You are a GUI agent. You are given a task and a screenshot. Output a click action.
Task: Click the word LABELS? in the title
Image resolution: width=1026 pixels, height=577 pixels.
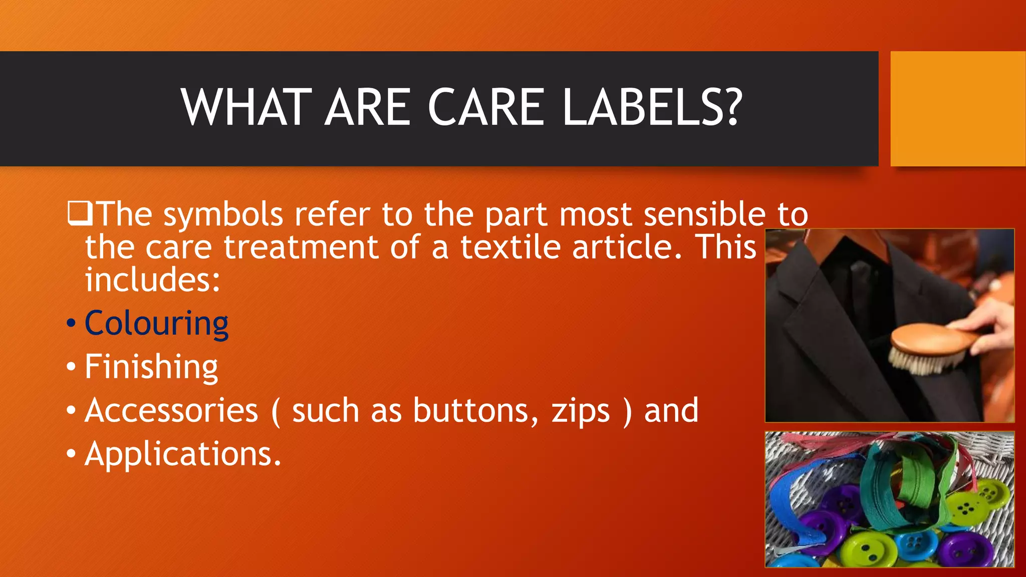(651, 107)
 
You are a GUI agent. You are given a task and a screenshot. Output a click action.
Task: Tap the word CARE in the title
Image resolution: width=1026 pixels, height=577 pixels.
(485, 107)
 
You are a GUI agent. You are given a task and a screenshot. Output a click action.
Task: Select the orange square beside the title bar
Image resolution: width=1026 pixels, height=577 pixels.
(957, 108)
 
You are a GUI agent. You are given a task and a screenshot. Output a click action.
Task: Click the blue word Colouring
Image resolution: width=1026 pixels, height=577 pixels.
(156, 324)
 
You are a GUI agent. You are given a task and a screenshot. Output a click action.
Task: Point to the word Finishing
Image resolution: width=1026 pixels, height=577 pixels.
(151, 367)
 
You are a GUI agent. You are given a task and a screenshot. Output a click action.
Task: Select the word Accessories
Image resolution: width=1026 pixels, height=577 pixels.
(171, 411)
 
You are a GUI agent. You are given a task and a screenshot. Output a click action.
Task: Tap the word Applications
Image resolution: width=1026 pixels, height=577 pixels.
(183, 454)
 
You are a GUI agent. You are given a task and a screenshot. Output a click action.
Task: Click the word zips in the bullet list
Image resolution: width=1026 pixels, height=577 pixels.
(581, 412)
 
